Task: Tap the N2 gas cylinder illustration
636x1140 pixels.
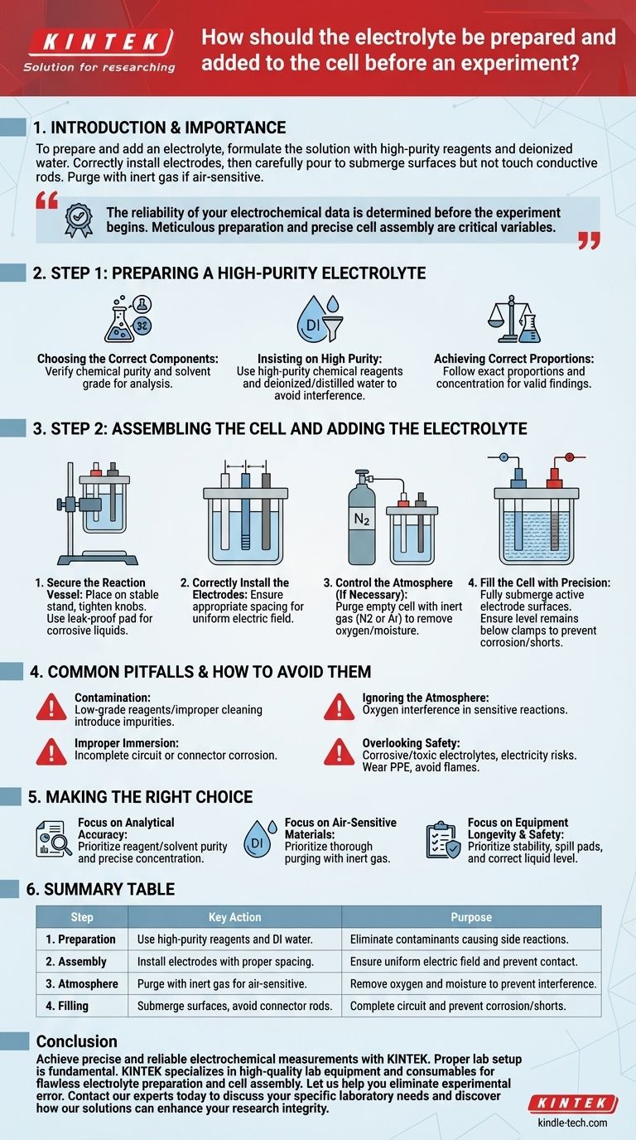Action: point(362,517)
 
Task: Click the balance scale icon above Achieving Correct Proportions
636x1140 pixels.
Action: point(514,319)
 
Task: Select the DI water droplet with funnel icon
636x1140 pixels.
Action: point(320,319)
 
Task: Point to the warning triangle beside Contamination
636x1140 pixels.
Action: point(51,707)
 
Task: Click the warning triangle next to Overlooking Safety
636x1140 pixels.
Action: point(339,752)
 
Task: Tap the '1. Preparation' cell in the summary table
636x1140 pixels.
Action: point(81,939)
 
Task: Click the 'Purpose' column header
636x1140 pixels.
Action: point(471,916)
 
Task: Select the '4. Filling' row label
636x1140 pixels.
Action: point(67,1006)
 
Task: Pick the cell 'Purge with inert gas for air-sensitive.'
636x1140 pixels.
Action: point(222,983)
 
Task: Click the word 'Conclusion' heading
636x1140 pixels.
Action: point(77,1041)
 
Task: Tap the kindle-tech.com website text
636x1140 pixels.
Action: point(572,1122)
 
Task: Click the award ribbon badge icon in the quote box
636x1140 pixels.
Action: point(79,220)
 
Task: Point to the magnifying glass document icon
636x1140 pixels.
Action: point(54,838)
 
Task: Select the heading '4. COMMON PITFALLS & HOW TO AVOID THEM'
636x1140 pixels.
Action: point(200,672)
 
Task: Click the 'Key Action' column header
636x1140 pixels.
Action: point(234,916)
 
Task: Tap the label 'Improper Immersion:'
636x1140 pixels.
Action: point(127,743)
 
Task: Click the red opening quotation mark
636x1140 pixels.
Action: point(47,200)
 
